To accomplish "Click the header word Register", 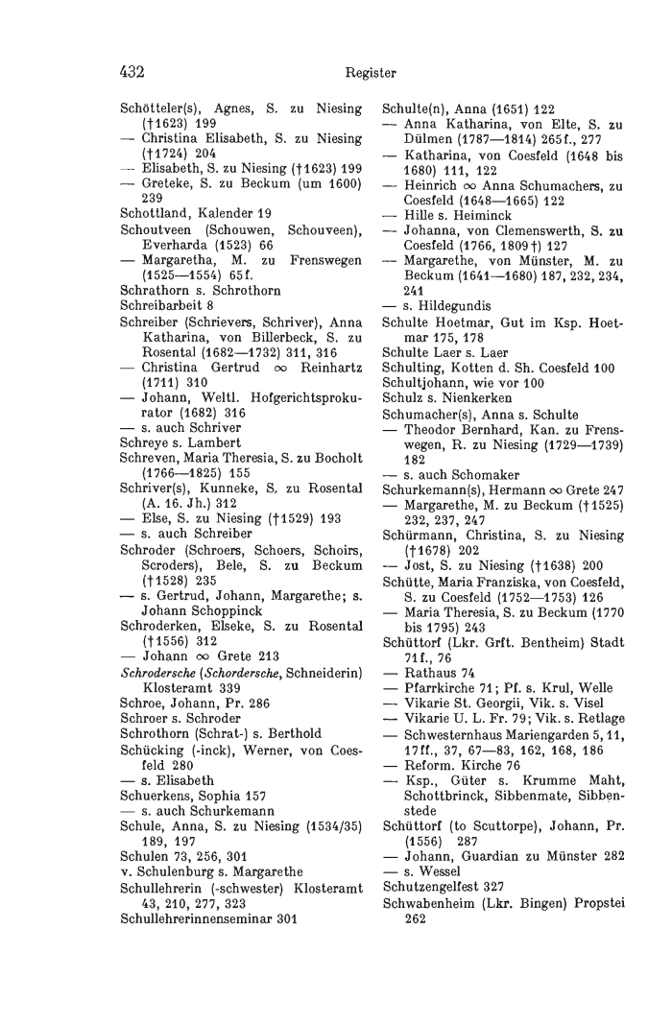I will click(x=372, y=72).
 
